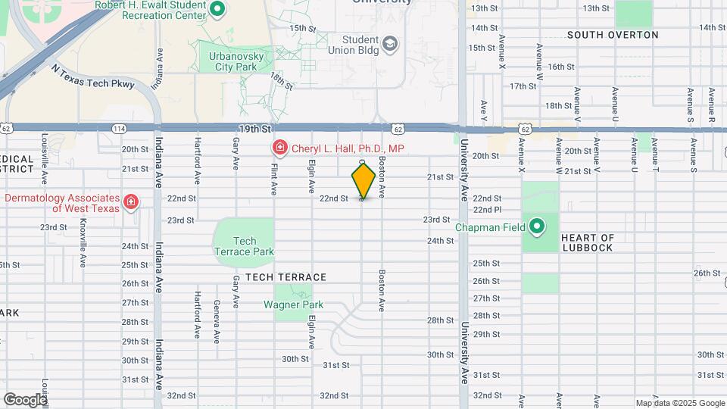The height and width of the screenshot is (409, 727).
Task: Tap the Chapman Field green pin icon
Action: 537,226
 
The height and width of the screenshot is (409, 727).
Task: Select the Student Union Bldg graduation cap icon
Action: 390,45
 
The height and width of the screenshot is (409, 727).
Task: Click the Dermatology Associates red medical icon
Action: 131,201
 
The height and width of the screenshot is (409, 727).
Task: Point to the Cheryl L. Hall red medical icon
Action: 279,147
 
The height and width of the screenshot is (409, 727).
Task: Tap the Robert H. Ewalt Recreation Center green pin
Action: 217,9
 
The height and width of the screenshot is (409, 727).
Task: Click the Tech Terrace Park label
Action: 244,246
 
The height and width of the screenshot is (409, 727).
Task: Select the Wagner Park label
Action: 293,304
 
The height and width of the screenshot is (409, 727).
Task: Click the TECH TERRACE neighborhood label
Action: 285,277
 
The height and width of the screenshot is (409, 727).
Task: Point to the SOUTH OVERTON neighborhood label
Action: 613,35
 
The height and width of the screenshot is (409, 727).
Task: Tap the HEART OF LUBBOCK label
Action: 588,242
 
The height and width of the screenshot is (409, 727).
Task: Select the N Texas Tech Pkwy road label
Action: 92,76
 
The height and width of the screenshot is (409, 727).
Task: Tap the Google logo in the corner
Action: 25,399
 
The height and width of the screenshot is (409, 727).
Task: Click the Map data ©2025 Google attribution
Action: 679,403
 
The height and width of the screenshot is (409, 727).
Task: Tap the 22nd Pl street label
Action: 487,209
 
